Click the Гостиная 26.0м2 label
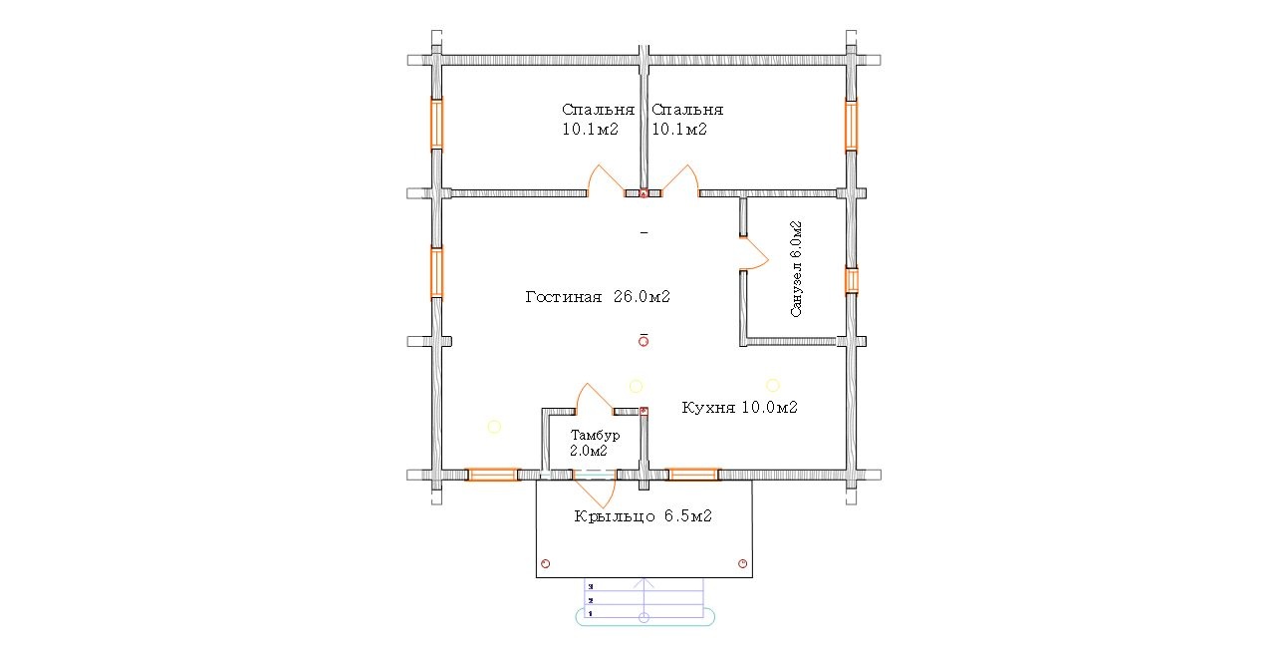(598, 297)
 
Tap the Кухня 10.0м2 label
(739, 408)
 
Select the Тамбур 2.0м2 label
(595, 443)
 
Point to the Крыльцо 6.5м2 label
(643, 516)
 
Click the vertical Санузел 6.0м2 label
(796, 269)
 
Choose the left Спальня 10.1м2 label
(598, 119)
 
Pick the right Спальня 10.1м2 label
(687, 119)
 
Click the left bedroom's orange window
(436, 124)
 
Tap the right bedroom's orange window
(851, 126)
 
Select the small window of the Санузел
(851, 281)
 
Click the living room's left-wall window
(436, 272)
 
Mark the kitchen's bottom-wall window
(693, 475)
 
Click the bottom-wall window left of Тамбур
(492, 475)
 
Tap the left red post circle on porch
(545, 563)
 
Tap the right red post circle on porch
(742, 563)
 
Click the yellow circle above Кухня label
(773, 385)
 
